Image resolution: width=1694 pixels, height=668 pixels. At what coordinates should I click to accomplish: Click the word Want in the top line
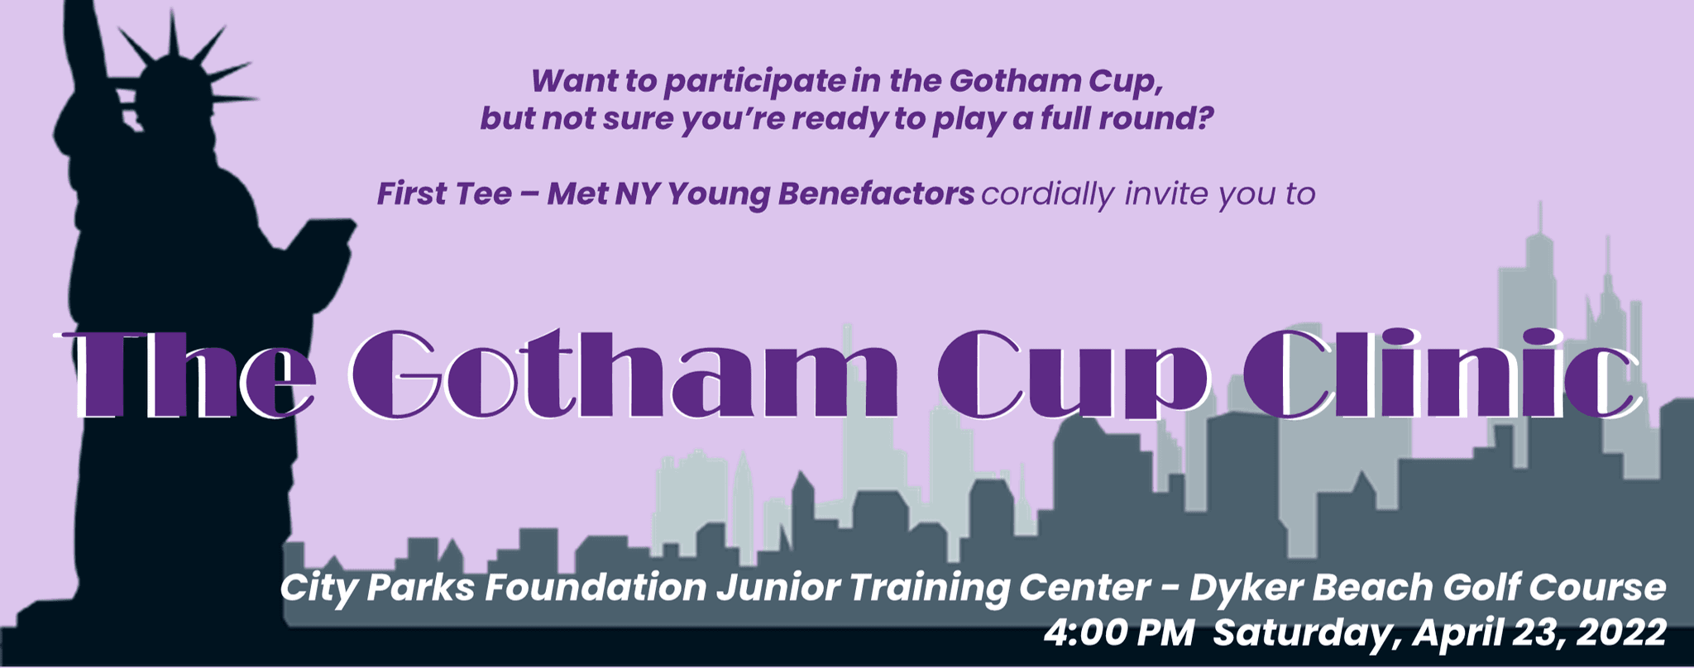[568, 81]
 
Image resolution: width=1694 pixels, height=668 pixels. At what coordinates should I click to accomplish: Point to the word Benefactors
[876, 193]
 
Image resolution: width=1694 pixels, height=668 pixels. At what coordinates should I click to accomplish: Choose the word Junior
[778, 588]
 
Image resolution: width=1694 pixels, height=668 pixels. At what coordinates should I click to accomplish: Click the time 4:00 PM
[1118, 632]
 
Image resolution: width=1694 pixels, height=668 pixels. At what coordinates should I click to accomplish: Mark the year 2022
[1621, 632]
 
